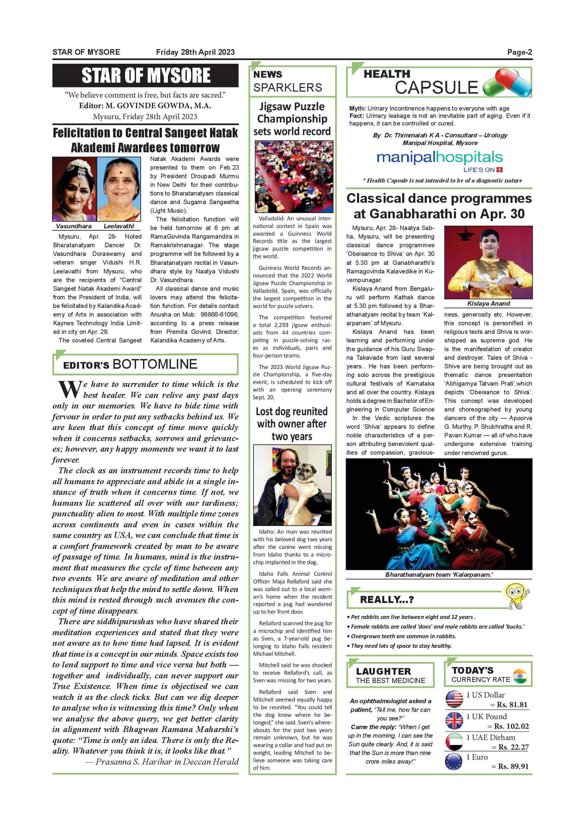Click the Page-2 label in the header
coord(519,52)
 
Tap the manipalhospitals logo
coord(440,158)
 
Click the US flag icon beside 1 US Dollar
coord(454,699)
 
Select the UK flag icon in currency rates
coord(454,720)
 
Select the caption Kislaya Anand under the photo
coord(488,304)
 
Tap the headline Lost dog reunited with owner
coord(292,424)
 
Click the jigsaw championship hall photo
coord(294,176)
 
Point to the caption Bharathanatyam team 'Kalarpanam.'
coord(439,574)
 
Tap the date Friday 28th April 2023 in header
coord(195,52)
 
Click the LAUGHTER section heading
coord(384,671)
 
